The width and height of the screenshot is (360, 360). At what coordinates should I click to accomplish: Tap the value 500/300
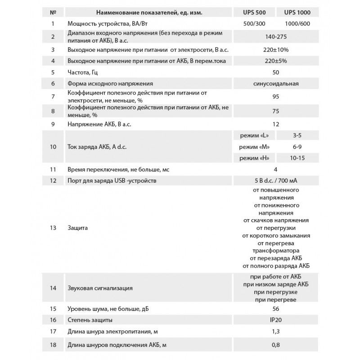click(x=251, y=23)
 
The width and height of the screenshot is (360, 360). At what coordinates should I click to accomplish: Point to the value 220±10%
click(x=275, y=49)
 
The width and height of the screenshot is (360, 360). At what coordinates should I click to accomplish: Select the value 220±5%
click(x=275, y=60)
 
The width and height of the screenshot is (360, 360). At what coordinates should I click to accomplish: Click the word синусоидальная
click(x=275, y=84)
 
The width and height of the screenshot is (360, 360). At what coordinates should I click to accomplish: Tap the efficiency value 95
click(x=275, y=96)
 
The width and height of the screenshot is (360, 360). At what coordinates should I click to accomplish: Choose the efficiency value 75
click(x=275, y=110)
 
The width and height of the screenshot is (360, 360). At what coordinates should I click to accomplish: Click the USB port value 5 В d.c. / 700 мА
click(x=275, y=181)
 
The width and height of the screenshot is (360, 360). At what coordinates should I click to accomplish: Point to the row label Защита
click(x=78, y=228)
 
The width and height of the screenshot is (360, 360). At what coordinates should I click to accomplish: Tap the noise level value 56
click(x=275, y=309)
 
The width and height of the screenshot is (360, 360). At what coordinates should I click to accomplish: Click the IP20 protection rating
click(x=275, y=320)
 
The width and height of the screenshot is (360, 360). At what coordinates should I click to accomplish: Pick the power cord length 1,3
click(x=275, y=332)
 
